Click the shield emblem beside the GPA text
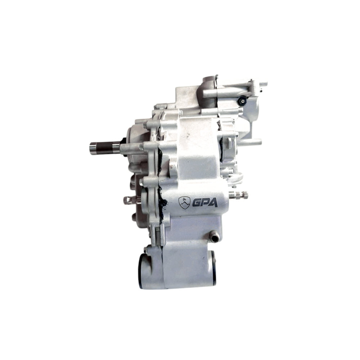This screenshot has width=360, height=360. [184, 202]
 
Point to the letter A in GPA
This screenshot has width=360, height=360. [213, 202]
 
